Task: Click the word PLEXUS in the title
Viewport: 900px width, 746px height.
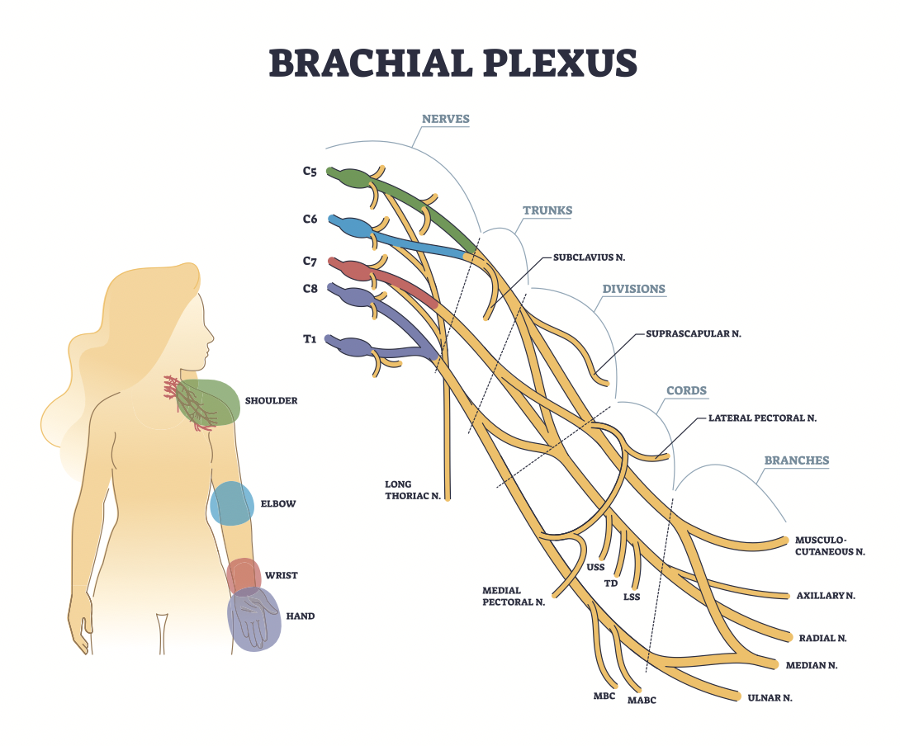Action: pos(560,62)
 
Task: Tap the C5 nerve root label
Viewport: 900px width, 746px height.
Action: pos(310,171)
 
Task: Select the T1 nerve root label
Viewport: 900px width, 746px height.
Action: pos(310,339)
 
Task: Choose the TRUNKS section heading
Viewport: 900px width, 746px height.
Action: pos(547,210)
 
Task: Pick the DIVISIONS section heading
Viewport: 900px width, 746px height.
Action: pos(633,289)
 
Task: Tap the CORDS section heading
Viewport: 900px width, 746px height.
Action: pos(686,391)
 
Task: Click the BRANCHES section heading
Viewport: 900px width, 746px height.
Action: pos(797,460)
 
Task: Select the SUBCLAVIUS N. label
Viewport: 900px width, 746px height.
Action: pos(589,257)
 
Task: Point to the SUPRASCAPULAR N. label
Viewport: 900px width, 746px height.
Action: pos(694,333)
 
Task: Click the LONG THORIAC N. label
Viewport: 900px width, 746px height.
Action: pos(413,490)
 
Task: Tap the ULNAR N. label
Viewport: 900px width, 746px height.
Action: pos(770,698)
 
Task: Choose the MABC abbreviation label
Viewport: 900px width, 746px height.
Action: pos(642,700)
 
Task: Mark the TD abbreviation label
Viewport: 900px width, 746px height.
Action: pos(611,583)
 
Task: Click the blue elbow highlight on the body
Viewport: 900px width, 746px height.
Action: pos(232,503)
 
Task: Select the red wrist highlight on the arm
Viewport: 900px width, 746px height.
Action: pos(244,574)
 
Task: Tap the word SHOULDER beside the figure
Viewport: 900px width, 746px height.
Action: pos(271,400)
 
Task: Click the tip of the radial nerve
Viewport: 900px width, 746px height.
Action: pos(790,638)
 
